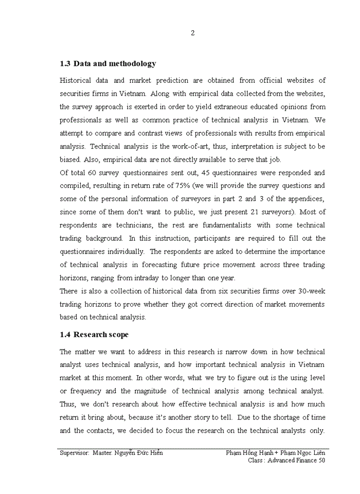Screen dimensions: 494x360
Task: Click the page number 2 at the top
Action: (x=192, y=33)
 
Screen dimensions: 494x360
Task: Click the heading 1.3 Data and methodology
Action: (x=107, y=64)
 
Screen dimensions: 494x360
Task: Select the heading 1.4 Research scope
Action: (x=94, y=334)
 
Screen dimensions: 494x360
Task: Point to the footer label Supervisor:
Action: (x=74, y=453)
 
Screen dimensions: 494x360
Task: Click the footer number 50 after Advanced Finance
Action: (x=321, y=461)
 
